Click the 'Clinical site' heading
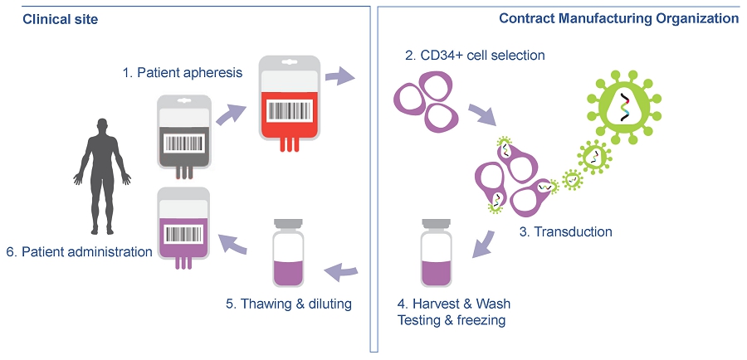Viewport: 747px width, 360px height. [x=60, y=18]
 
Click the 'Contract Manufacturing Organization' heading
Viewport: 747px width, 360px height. [x=618, y=17]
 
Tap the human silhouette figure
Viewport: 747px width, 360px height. [x=102, y=174]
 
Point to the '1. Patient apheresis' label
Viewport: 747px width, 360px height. [x=183, y=72]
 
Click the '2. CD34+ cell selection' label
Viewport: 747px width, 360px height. [x=475, y=56]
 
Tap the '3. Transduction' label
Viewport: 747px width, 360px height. [x=565, y=231]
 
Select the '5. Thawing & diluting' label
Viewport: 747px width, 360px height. [x=289, y=304]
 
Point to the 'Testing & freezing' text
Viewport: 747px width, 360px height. [x=452, y=320]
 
